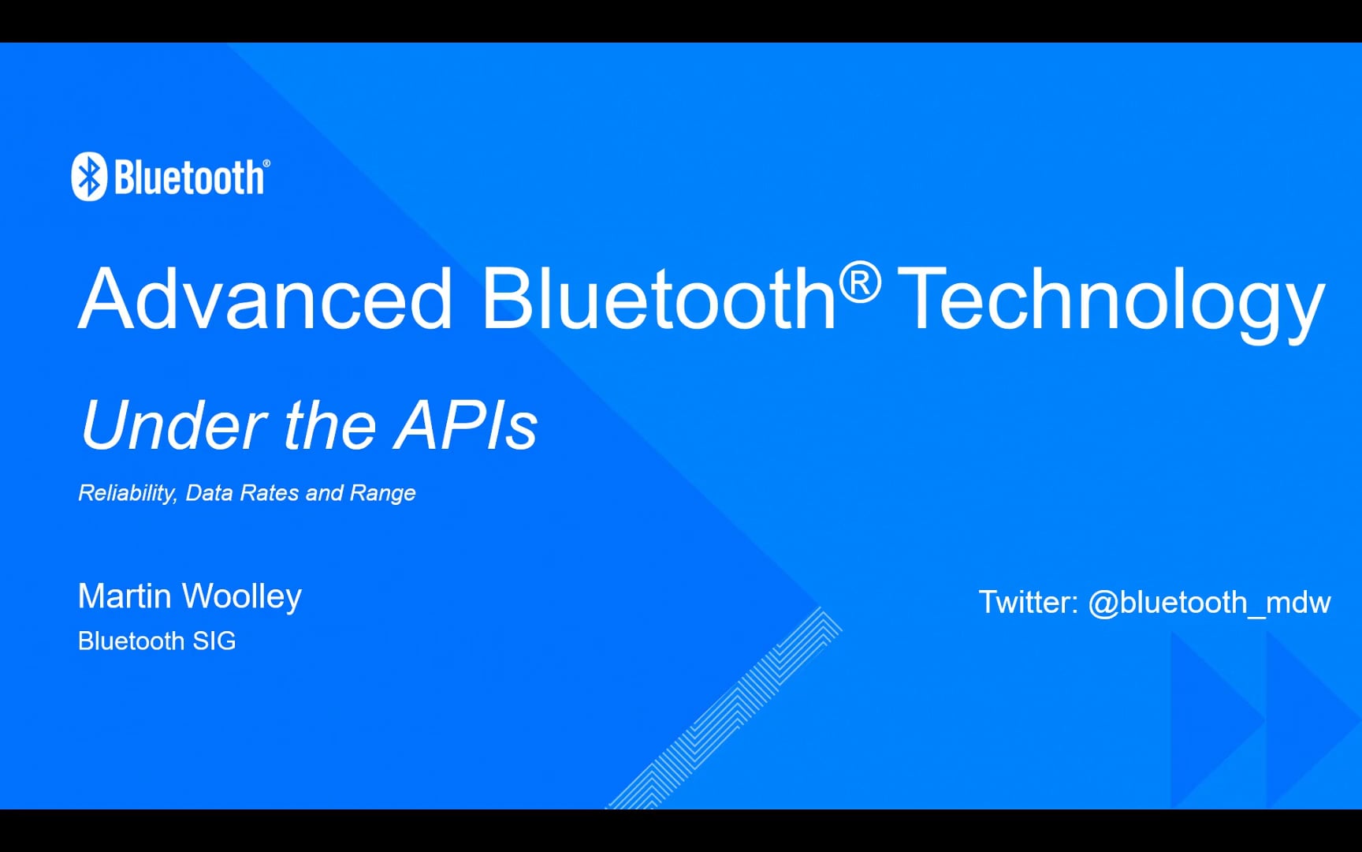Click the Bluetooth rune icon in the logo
(x=89, y=176)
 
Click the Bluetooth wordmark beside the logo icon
(x=189, y=177)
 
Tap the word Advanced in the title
(x=266, y=299)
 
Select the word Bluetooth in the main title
(x=659, y=299)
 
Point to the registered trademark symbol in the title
(x=859, y=282)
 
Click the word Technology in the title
(x=1111, y=301)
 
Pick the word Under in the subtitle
(x=174, y=425)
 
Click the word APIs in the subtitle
(x=467, y=425)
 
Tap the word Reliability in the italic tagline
(x=126, y=493)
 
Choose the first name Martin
(x=125, y=596)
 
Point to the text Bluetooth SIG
(x=157, y=641)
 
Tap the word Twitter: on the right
(x=1028, y=603)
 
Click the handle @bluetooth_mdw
(x=1209, y=603)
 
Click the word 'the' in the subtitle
(x=329, y=425)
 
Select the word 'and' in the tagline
(x=324, y=493)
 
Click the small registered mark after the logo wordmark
(x=266, y=163)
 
